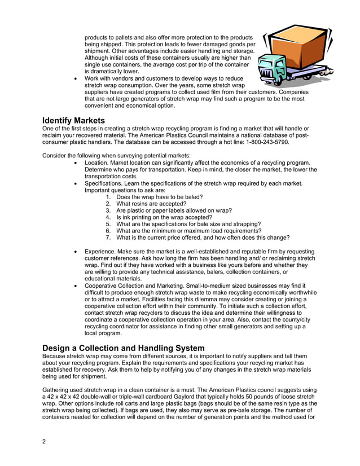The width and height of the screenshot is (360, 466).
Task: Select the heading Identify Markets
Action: pos(73,120)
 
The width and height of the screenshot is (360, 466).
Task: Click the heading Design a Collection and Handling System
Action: pos(124,348)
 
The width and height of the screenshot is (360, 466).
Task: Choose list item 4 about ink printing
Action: pos(164,217)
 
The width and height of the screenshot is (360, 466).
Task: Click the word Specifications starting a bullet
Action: pos(105,183)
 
